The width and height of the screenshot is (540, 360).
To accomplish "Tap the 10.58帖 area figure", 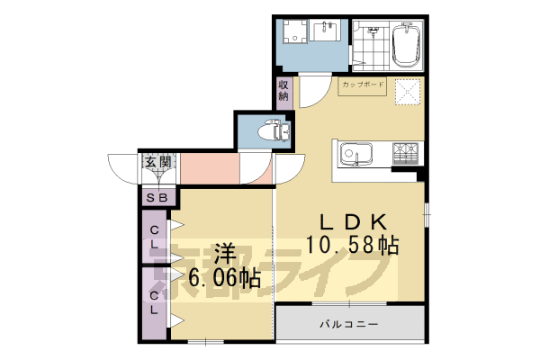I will [352, 245].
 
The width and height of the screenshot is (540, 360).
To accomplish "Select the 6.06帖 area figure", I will [224, 278].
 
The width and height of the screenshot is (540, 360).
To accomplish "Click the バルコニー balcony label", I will [348, 323].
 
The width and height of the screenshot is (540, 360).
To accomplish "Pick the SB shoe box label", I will [157, 197].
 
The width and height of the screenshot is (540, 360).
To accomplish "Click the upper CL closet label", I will [155, 236].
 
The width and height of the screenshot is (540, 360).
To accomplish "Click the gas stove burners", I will [404, 153].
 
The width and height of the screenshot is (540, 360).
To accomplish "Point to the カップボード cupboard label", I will [363, 86].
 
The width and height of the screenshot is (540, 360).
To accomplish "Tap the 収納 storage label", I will [283, 91].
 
